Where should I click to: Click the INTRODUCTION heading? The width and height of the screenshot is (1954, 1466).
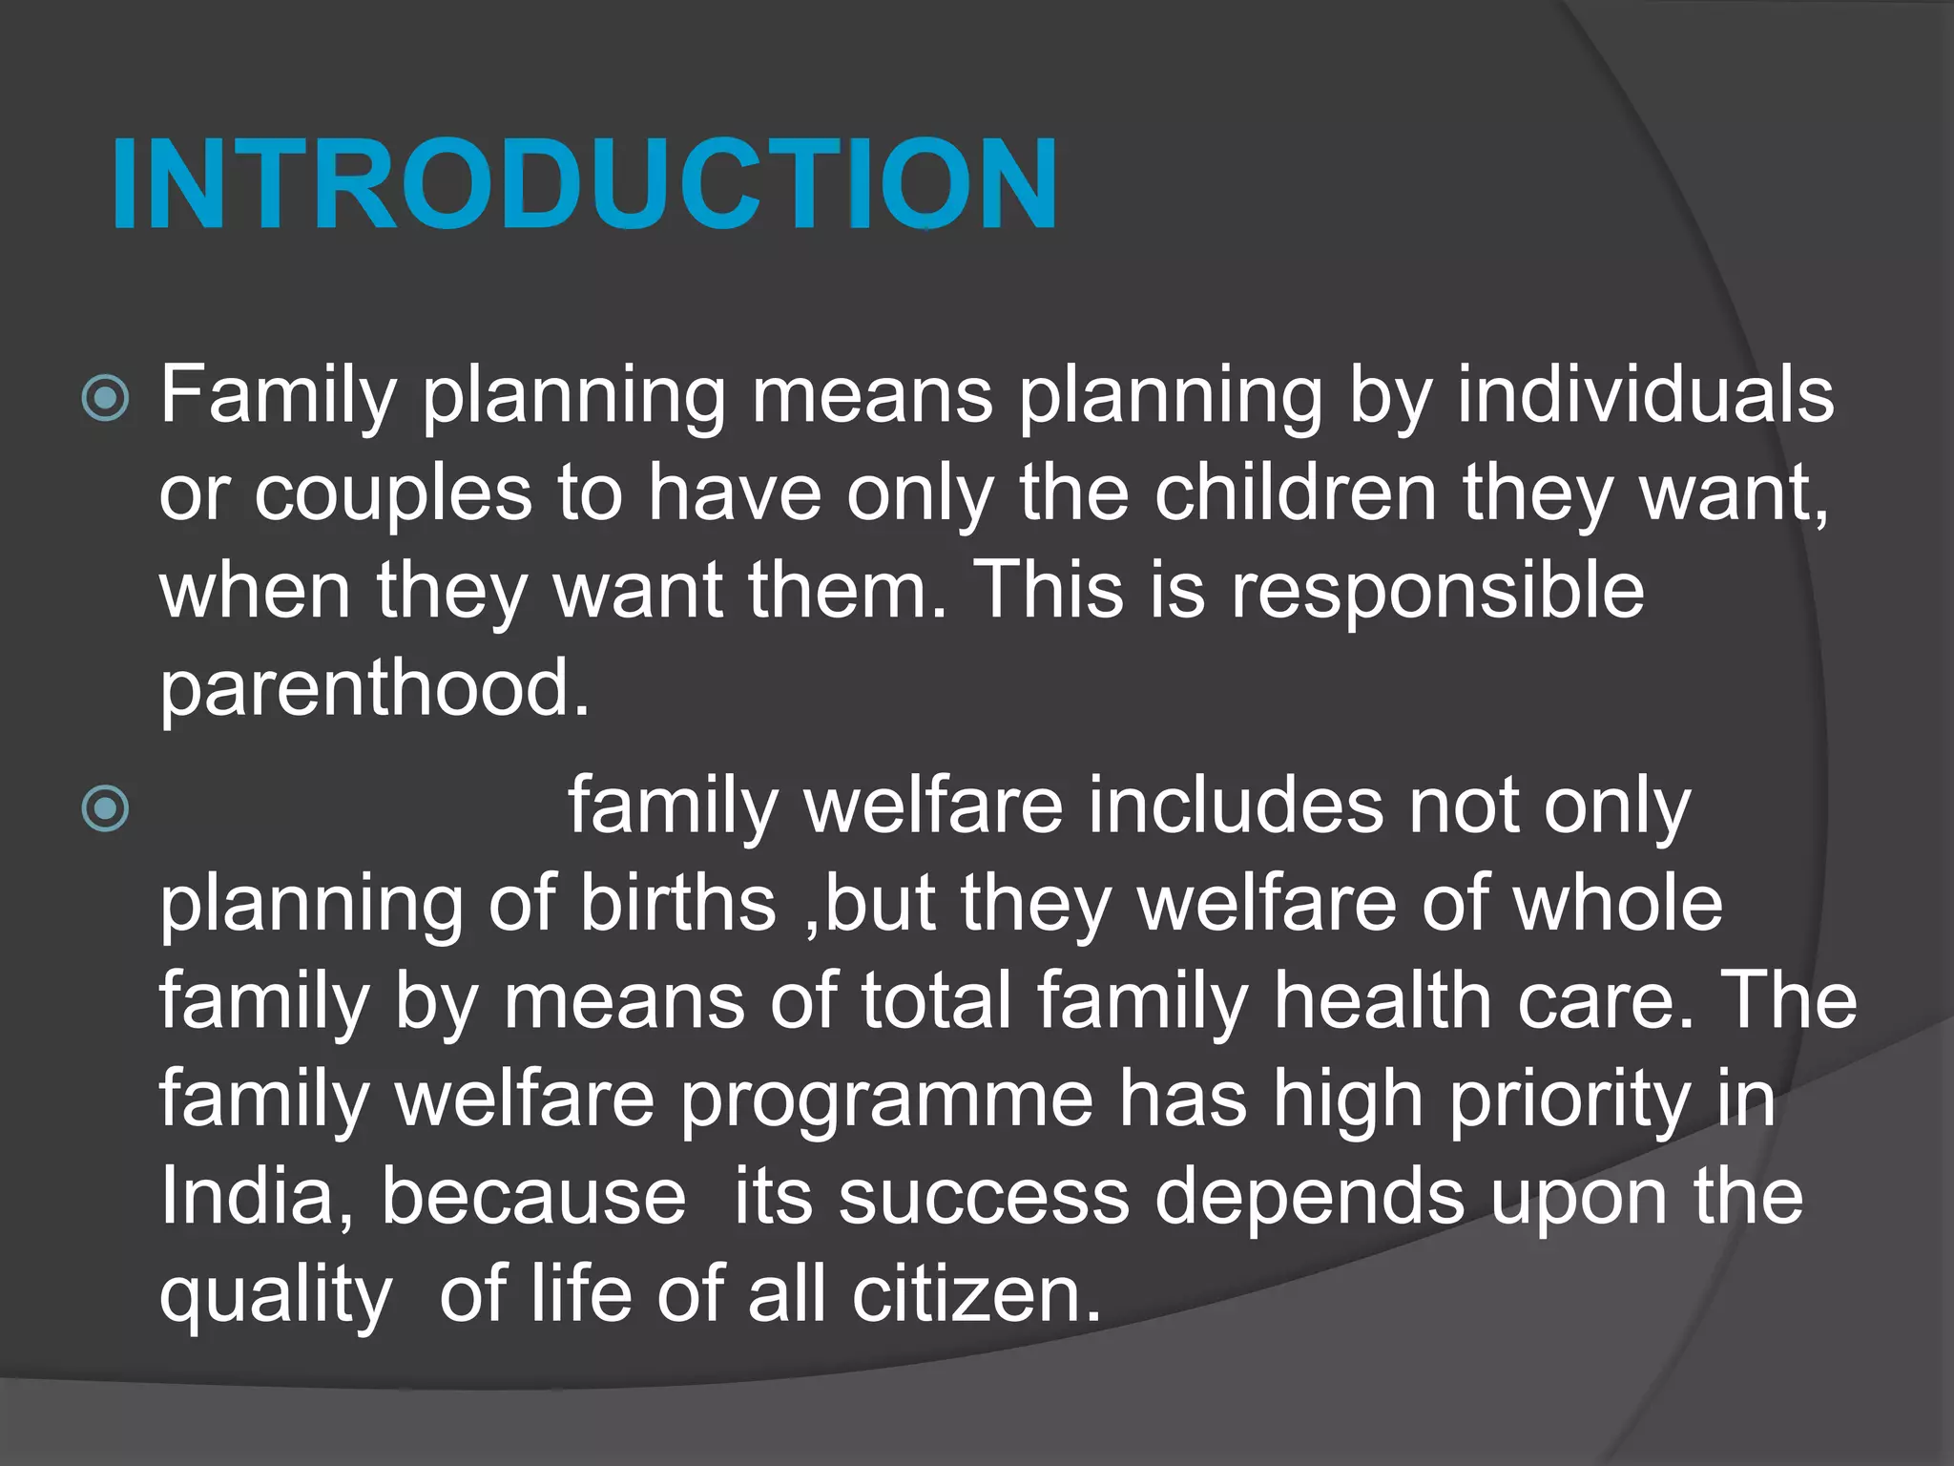click(584, 183)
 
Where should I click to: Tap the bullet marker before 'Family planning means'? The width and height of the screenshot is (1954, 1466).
click(105, 398)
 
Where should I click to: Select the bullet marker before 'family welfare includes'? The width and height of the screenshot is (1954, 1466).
click(105, 809)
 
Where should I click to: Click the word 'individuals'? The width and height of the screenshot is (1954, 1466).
click(1645, 394)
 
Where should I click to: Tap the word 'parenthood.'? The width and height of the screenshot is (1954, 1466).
click(375, 689)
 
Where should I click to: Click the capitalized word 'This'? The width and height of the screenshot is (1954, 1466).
click(1047, 590)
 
